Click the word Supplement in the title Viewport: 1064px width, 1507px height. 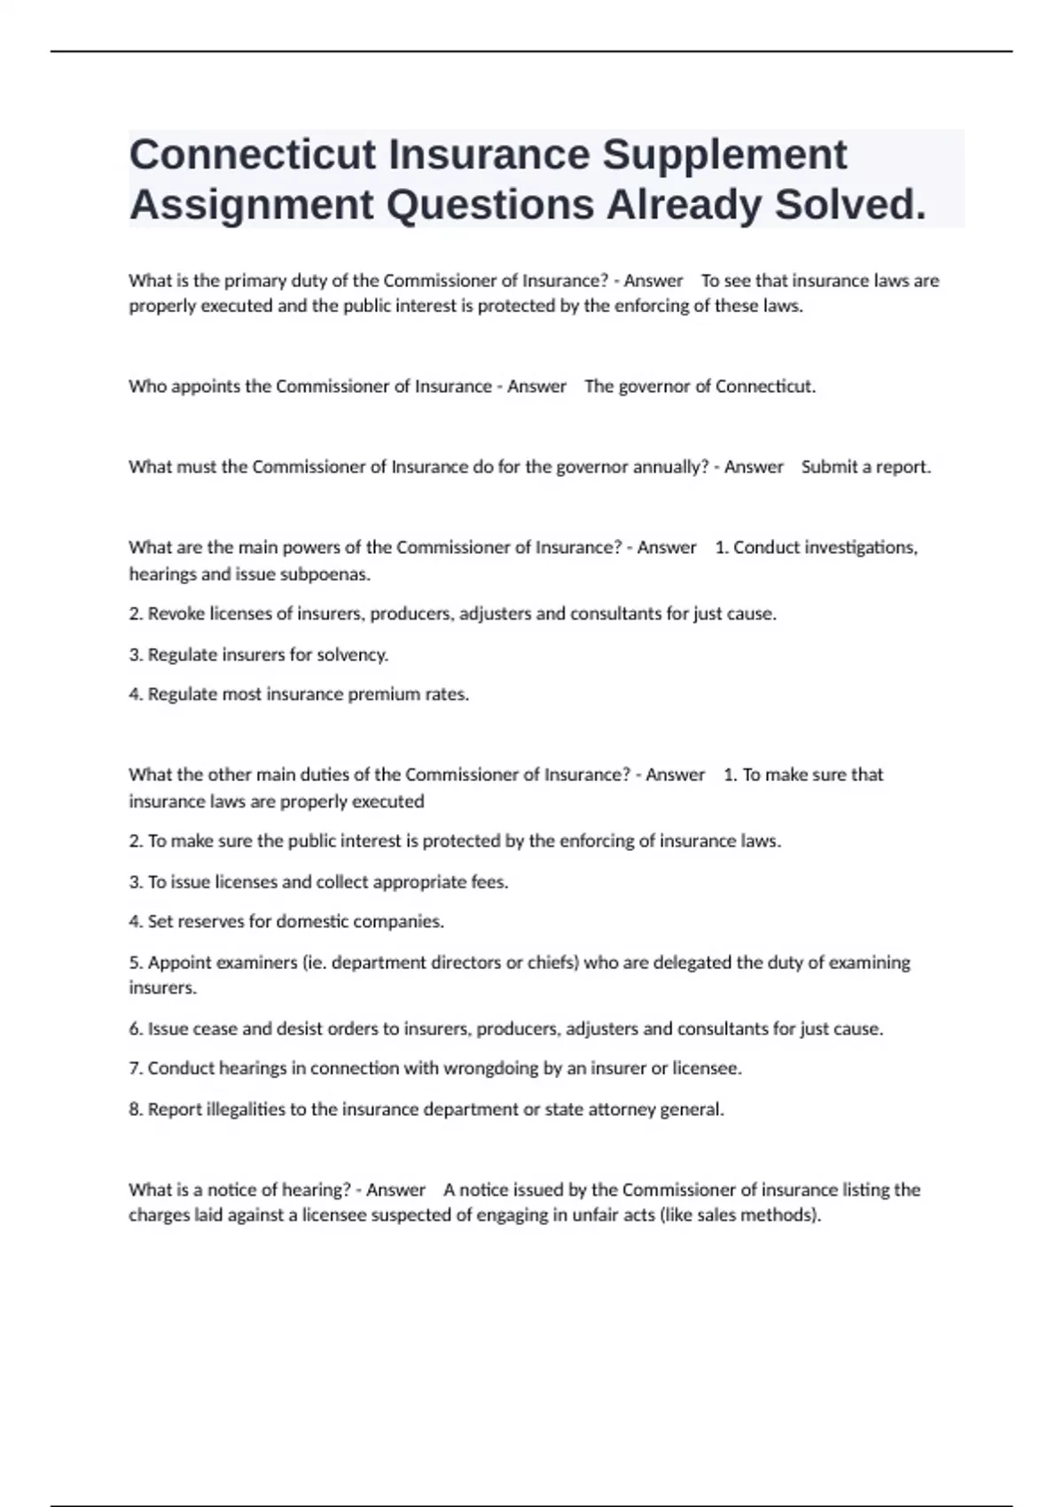pos(724,155)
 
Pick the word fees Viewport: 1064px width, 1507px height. pos(488,882)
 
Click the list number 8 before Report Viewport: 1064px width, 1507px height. pos(134,1109)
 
